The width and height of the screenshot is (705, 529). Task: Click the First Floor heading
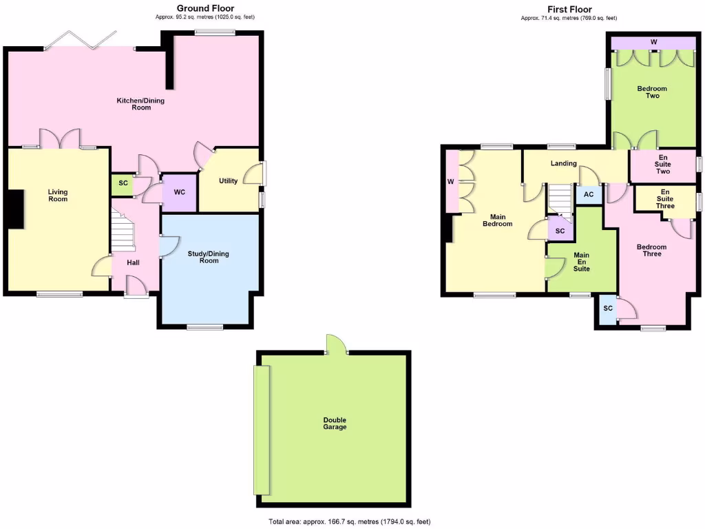(569, 9)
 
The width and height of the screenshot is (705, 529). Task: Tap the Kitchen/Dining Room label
(140, 104)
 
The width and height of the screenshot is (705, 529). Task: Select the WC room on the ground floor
(179, 192)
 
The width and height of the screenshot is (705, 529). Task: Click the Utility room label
(228, 181)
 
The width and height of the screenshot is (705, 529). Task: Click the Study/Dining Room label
(209, 257)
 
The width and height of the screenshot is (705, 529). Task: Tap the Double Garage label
(335, 424)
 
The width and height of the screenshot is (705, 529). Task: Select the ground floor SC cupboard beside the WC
(123, 184)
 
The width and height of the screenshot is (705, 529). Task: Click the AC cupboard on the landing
(588, 195)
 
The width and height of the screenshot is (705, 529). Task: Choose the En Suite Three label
(664, 199)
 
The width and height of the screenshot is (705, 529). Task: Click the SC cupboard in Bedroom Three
(607, 309)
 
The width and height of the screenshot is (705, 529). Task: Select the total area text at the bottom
(350, 521)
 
